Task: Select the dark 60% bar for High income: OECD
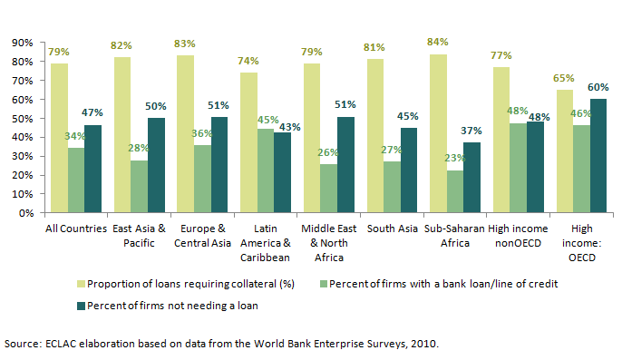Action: (598, 156)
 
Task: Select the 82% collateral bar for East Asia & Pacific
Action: (122, 135)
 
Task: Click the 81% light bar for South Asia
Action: (375, 136)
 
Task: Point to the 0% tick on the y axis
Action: (24, 214)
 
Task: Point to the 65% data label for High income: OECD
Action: (565, 78)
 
